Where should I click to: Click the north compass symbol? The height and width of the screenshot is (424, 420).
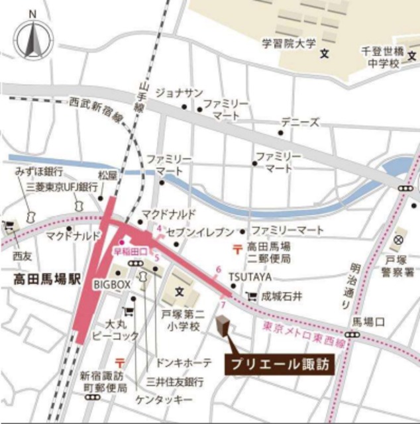click(33, 40)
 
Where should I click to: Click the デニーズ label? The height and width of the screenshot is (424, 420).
click(299, 123)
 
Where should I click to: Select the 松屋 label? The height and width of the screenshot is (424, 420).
click(107, 176)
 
